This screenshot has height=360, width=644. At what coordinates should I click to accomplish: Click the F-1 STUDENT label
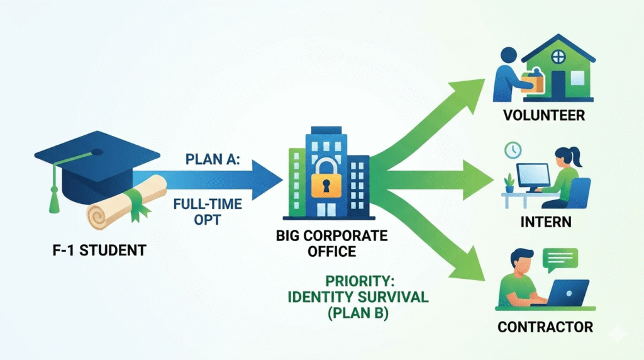pyautogui.click(x=99, y=250)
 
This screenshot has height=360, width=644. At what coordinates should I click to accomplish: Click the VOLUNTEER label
pyautogui.click(x=545, y=116)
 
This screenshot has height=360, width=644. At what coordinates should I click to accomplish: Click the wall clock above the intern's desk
pyautogui.click(x=513, y=150)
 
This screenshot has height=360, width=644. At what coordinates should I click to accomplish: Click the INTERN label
pyautogui.click(x=545, y=222)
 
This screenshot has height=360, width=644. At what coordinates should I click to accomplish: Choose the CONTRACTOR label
pyautogui.click(x=545, y=327)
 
